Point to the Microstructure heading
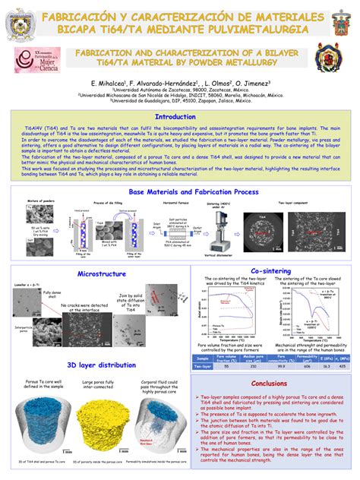[101, 273]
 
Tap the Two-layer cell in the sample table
[203, 366]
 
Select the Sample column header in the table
[203, 357]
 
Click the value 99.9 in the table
[281, 366]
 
